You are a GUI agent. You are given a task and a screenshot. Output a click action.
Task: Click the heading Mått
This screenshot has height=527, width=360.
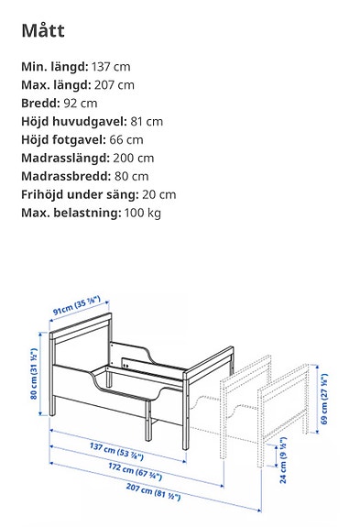[x=43, y=30]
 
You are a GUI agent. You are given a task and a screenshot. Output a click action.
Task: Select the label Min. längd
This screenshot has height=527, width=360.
[x=54, y=67]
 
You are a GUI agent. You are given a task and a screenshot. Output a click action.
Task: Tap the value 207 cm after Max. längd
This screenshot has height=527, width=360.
[x=114, y=85]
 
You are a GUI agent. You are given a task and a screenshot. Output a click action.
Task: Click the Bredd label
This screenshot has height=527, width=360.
[x=40, y=104]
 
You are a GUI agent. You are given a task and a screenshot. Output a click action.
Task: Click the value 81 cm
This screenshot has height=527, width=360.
[x=147, y=122]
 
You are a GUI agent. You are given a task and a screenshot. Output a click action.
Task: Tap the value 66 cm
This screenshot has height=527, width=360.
[x=127, y=140]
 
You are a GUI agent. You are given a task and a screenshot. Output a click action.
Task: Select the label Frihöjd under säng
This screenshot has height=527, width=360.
[x=80, y=194]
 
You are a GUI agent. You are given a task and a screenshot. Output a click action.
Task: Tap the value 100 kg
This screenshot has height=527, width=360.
[x=141, y=213]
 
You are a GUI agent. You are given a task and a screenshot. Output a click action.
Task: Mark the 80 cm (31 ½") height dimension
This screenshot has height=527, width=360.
[x=32, y=375]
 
